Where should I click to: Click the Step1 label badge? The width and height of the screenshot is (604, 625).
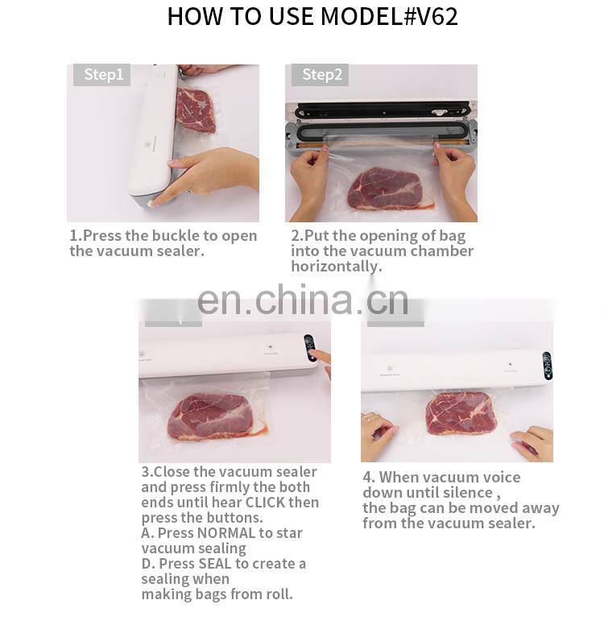102,75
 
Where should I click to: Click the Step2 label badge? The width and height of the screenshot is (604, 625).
321,75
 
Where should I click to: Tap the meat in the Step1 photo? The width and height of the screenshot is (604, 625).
196,110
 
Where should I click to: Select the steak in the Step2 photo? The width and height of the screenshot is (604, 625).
385,188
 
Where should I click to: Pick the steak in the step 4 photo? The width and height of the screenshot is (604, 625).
461,412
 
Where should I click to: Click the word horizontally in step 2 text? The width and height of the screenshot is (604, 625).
336,267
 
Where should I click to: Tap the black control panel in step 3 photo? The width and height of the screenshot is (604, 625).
310,348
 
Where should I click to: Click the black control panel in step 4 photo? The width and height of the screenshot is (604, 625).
548,365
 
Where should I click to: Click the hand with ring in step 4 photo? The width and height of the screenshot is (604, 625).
376,435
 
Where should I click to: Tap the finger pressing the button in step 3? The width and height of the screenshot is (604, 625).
321,356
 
